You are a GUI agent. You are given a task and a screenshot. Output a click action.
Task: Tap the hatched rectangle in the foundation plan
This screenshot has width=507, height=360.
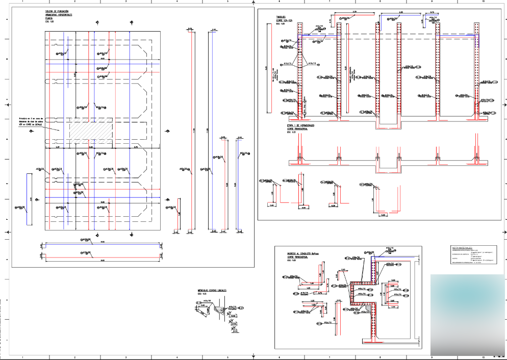pyautogui.click(x=90, y=131)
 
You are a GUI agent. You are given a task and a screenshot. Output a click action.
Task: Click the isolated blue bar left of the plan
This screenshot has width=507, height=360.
pyautogui.click(x=30, y=199)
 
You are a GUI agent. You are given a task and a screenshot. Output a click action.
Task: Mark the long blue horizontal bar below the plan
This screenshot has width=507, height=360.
pyautogui.click(x=102, y=244)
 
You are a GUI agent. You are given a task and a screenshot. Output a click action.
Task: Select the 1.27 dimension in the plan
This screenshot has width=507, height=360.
pyautogui.click(x=58, y=147)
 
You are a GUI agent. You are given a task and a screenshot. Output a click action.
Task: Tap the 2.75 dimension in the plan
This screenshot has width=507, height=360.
pyautogui.click(x=136, y=147)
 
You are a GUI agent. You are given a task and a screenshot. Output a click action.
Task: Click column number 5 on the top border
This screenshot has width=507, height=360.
pyautogui.click(x=227, y=2)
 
